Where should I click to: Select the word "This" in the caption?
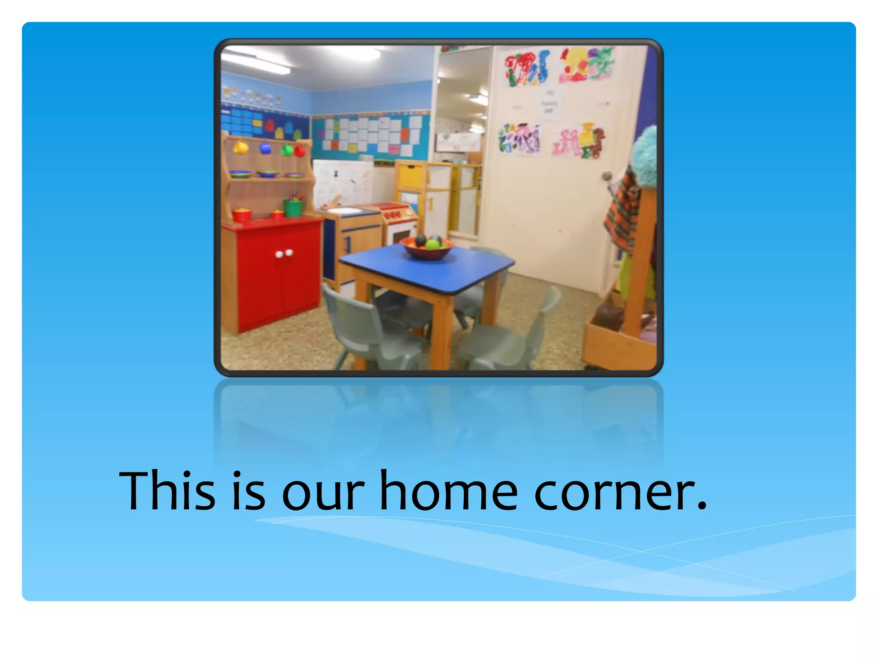coord(167,491)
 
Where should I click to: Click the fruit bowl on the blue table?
coord(427,248)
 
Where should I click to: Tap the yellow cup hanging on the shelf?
coord(241,148)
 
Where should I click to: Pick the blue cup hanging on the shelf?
coord(265,148)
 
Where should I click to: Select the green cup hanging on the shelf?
coord(287,150)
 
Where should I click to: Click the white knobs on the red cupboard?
coord(284,254)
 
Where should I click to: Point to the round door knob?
coord(606,176)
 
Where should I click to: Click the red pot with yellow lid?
coord(242,214)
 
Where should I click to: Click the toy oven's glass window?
coord(402,235)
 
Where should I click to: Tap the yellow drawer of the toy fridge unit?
coord(411,176)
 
